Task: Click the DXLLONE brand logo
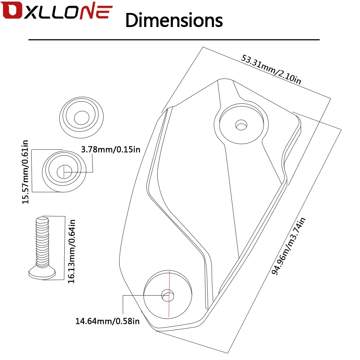pos(57,10)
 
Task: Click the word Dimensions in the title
pos(174,20)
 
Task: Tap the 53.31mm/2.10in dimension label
pos(271,69)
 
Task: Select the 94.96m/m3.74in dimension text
pos(288,246)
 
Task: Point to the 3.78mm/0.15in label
pos(111,149)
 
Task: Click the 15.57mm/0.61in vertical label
pos(25,172)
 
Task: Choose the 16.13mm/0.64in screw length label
pos(71,251)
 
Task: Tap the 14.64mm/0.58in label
pos(107,321)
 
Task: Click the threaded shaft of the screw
pos(42,242)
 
